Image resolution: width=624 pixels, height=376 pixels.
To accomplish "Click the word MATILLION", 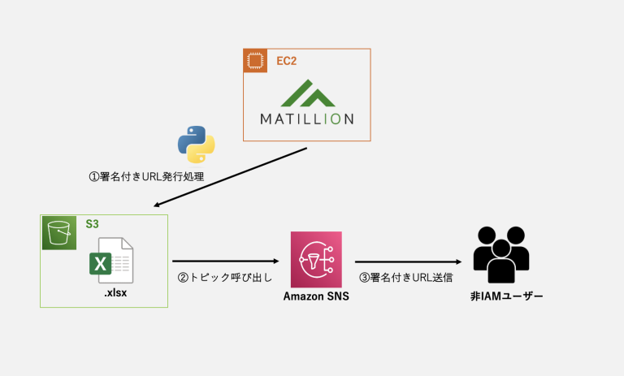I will [x=307, y=119].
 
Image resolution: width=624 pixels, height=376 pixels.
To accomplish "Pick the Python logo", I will [x=196, y=145].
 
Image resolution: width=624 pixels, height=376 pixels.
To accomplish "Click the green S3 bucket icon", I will [x=58, y=232].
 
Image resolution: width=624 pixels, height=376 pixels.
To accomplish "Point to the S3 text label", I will [x=93, y=223].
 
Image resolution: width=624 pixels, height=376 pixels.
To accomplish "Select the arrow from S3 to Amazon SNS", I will [x=225, y=261].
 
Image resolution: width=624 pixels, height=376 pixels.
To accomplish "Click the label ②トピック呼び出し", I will [x=224, y=278].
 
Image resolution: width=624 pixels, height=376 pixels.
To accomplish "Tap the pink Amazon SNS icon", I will [x=316, y=259].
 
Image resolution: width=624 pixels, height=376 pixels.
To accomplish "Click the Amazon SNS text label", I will [x=316, y=296].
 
